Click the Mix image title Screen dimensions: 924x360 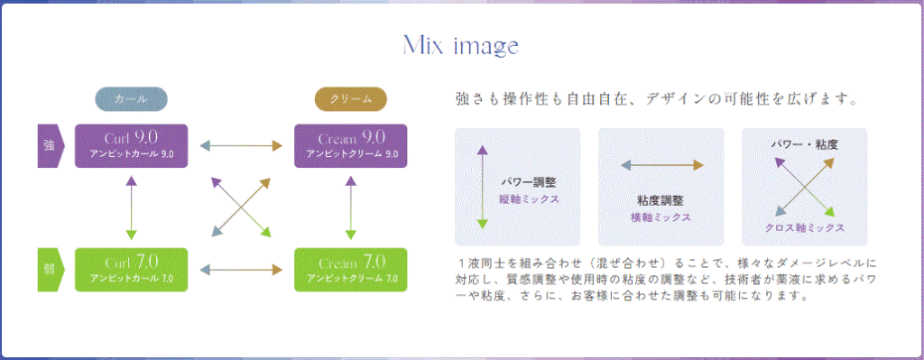[460, 45]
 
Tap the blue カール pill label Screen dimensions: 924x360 [132, 99]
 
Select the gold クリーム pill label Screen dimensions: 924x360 [351, 99]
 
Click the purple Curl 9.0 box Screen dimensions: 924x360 [132, 145]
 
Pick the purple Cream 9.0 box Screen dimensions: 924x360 [351, 145]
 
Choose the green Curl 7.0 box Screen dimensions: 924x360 [132, 269]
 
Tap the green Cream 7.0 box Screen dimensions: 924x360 [351, 269]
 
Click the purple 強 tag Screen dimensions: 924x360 [51, 145]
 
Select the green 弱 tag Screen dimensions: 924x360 [51, 269]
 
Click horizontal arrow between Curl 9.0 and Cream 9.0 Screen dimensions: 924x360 [241, 145]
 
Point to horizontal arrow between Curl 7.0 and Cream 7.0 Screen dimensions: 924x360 [241, 270]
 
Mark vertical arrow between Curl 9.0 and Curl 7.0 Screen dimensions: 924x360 [132, 208]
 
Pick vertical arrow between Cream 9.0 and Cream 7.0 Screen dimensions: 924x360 [351, 208]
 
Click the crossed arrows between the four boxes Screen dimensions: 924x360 [240, 207]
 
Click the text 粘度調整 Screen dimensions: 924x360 [661, 201]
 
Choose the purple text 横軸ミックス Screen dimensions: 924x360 [661, 217]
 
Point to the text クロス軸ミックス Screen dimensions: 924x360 [804, 227]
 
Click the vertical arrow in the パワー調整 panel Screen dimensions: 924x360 [483, 187]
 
